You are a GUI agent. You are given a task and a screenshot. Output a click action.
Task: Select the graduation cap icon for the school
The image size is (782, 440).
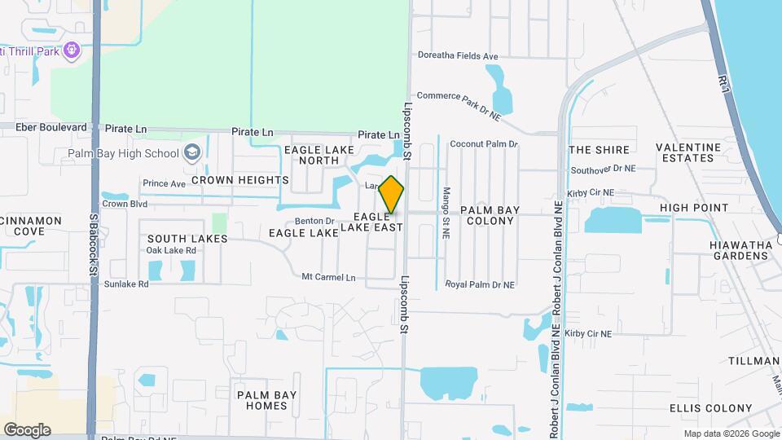192,152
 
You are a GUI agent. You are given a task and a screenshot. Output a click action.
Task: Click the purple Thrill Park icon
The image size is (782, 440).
72,51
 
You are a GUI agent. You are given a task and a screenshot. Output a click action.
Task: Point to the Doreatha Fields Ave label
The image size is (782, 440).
457,56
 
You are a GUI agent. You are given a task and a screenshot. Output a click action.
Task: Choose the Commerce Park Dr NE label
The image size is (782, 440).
459,106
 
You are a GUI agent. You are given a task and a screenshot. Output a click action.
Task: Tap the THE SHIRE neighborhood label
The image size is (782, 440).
600,150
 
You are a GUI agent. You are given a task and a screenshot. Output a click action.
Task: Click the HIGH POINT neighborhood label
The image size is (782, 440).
694,208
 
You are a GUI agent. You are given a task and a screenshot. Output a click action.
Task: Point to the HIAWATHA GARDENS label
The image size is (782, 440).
739,249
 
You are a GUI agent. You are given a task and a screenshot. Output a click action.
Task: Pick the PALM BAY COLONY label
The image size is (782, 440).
490,215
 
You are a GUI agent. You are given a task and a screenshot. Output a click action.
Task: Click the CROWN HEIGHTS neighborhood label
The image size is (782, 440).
240,179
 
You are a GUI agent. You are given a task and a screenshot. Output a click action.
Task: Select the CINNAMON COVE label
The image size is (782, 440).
31,226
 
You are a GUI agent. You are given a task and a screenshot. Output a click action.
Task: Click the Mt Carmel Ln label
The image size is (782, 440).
329,277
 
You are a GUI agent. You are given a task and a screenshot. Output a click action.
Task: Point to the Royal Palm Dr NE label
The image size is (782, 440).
480,285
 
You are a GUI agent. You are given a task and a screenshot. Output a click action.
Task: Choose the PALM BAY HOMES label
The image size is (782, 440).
266,400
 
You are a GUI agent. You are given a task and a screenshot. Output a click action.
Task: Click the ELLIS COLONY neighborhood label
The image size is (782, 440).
710,408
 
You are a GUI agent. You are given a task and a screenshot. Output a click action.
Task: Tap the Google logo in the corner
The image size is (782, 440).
27,429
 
